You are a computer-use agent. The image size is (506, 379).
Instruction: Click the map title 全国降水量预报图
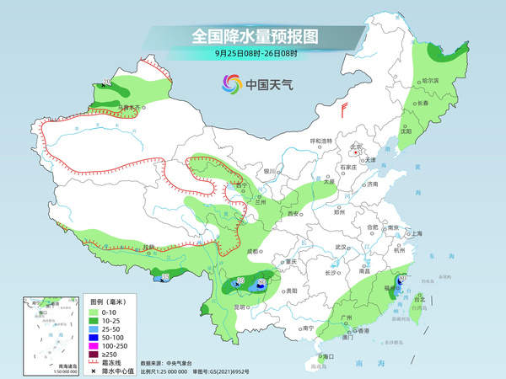click(254, 37)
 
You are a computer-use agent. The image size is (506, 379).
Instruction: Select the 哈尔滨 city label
click(430, 81)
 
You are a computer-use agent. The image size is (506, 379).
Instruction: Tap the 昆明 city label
click(219, 307)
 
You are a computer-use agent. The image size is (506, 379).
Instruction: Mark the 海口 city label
click(328, 357)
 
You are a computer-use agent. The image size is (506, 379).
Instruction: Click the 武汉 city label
click(342, 246)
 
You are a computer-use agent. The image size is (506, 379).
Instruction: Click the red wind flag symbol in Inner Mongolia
click(344, 109)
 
